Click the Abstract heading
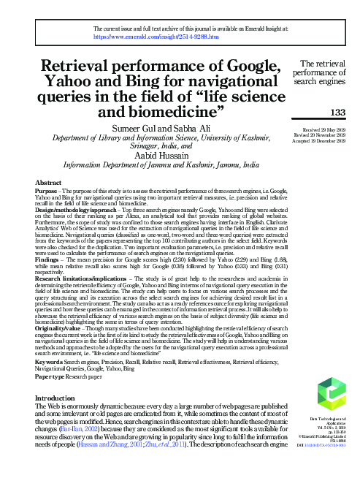point(48,183)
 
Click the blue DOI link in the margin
point(329,464)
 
